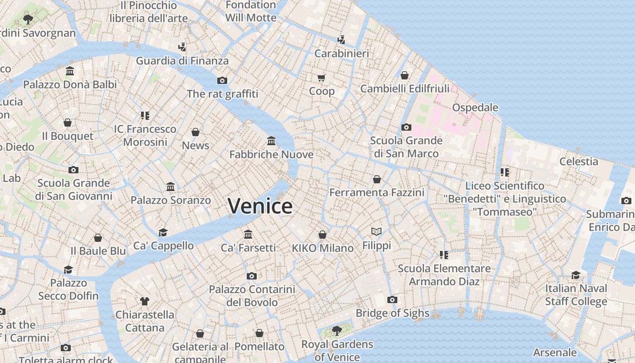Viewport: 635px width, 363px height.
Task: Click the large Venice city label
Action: click(x=260, y=206)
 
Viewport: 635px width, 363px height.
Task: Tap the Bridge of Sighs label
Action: click(x=392, y=313)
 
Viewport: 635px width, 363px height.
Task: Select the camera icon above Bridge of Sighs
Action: click(x=392, y=299)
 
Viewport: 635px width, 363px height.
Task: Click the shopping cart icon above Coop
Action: click(x=322, y=78)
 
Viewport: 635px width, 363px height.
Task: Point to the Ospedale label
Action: click(x=475, y=108)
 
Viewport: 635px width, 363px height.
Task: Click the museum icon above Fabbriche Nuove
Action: click(x=271, y=141)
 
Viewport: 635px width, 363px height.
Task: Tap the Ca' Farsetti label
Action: click(x=248, y=248)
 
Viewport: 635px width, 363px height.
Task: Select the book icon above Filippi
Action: click(x=376, y=232)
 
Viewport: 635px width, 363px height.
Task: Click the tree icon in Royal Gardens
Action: click(x=337, y=330)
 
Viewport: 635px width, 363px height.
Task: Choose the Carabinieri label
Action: click(x=342, y=54)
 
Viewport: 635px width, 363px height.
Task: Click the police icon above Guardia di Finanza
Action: click(x=182, y=47)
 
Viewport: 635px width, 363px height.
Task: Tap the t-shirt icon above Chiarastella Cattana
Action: click(x=144, y=301)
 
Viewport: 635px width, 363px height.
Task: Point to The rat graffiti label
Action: click(x=222, y=94)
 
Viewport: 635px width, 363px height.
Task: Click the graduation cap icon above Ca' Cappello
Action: click(x=163, y=232)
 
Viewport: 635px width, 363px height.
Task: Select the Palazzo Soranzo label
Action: click(x=171, y=200)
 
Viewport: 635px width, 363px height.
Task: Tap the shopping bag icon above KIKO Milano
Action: click(x=322, y=235)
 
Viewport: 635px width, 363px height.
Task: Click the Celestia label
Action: click(x=578, y=162)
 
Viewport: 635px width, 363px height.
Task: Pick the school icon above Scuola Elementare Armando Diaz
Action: click(x=444, y=255)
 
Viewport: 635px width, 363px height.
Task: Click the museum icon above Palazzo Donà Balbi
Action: click(x=70, y=71)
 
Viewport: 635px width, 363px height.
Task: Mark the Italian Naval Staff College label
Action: click(x=576, y=295)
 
